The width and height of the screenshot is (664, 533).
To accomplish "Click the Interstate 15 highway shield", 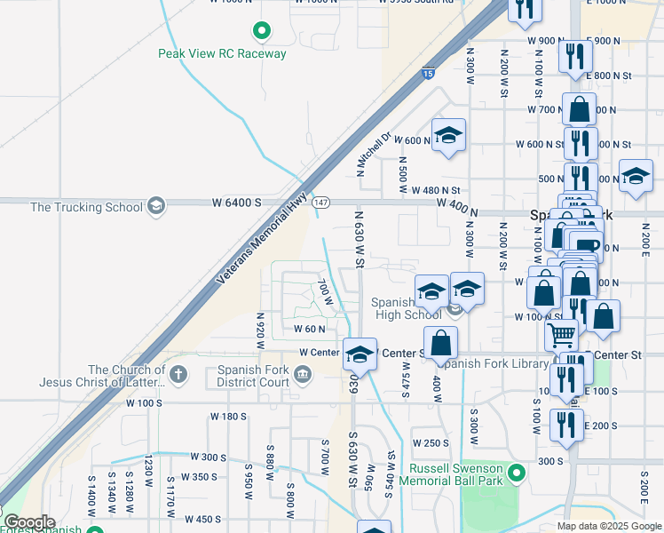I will [x=428, y=75].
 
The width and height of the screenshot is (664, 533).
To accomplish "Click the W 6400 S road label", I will [x=236, y=203].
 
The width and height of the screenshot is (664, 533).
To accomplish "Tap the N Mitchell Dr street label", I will [x=374, y=155].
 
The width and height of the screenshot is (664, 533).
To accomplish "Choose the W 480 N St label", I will [x=435, y=190].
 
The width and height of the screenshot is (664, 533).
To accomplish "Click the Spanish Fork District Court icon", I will [x=303, y=373].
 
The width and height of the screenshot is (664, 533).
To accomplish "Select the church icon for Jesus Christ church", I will [x=179, y=373].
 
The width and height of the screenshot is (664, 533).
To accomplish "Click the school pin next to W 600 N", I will [x=448, y=135].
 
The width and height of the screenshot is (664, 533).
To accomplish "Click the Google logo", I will [x=29, y=522].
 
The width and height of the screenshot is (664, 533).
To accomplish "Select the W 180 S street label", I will [x=228, y=416].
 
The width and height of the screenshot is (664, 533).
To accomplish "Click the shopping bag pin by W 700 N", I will [x=579, y=110].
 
